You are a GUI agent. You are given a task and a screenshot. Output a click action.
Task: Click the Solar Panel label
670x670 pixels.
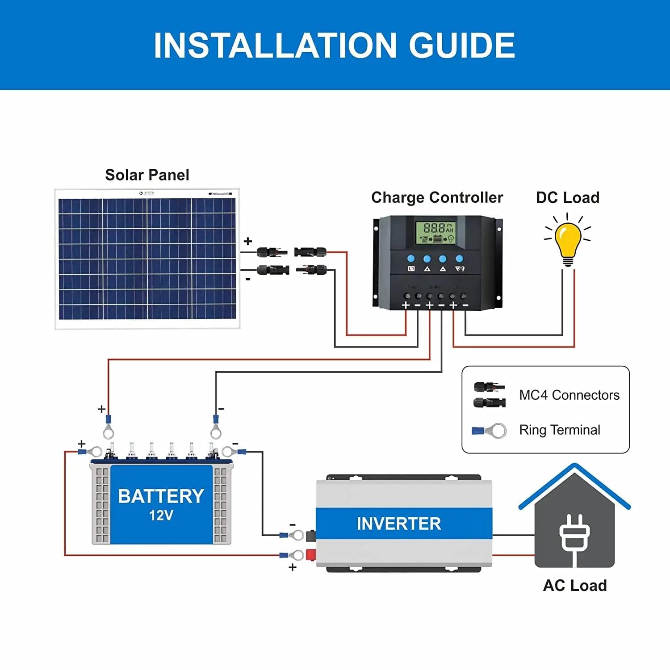[147, 175]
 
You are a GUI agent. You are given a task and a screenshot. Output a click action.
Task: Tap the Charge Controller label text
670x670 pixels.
[437, 197]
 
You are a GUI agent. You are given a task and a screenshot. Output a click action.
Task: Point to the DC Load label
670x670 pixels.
[568, 197]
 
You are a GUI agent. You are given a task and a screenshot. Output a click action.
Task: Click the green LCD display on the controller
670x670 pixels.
[435, 232]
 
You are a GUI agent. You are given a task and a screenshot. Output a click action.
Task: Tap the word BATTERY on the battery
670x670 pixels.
[161, 496]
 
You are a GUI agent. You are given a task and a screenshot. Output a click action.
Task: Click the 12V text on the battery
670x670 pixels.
[161, 516]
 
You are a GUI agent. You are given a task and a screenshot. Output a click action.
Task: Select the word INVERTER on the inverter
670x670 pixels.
[399, 523]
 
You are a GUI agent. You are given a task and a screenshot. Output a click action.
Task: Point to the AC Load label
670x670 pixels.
[575, 586]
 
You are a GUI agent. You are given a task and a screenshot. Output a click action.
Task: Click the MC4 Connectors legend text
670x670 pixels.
[569, 395]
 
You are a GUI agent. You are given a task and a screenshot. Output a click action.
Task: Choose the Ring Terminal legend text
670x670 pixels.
[559, 430]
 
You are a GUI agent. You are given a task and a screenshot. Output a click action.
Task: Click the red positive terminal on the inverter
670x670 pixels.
[311, 555]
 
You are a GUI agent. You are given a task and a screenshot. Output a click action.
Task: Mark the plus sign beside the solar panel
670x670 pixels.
[248, 242]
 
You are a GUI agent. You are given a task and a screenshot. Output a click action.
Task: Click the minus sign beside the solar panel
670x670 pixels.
[248, 279]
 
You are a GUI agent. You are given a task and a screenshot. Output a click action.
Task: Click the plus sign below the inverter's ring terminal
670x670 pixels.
[293, 567]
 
